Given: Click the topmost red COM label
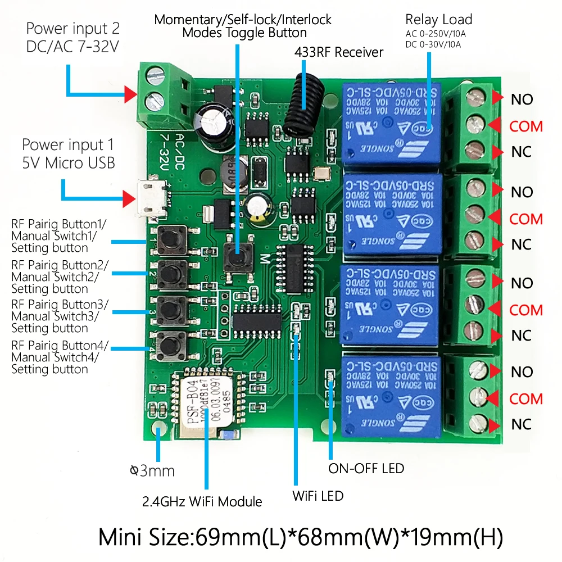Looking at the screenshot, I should pyautogui.click(x=526, y=126).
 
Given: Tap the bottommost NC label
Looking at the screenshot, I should pyautogui.click(x=522, y=424).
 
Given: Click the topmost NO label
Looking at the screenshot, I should pyautogui.click(x=522, y=100).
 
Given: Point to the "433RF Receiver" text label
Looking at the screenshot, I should pyautogui.click(x=339, y=53).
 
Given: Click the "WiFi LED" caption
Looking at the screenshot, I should pyautogui.click(x=318, y=496).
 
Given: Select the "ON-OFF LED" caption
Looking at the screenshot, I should pyautogui.click(x=366, y=468).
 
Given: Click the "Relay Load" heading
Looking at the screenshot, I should pyautogui.click(x=438, y=20).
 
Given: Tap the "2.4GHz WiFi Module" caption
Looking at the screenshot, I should pyautogui.click(x=203, y=501).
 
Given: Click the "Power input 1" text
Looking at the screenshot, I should pyautogui.click(x=64, y=146).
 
